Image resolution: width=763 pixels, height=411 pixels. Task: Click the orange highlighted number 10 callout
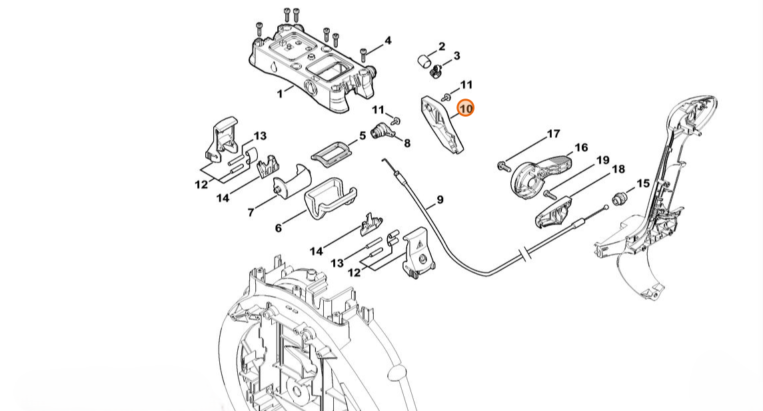click(x=466, y=108)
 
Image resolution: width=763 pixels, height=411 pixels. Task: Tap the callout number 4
click(x=388, y=41)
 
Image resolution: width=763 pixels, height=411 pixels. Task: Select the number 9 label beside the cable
click(x=440, y=199)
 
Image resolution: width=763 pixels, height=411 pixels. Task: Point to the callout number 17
click(x=554, y=134)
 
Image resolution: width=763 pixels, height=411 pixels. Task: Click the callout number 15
click(x=643, y=183)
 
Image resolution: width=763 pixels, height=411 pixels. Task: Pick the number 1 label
click(x=280, y=93)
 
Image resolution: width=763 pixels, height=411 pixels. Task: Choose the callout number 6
click(x=279, y=228)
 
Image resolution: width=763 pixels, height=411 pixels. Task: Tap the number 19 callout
click(x=603, y=160)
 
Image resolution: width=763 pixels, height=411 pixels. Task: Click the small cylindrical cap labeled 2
click(x=424, y=62)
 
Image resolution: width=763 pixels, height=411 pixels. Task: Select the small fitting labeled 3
click(x=436, y=71)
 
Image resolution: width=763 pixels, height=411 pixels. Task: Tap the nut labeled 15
click(x=620, y=199)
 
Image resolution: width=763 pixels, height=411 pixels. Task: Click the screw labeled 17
click(x=503, y=166)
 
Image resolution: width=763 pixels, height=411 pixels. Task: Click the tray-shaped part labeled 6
click(x=330, y=199)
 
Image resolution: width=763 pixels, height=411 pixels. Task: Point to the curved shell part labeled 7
click(x=292, y=181)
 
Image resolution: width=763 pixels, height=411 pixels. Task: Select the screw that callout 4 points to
click(x=363, y=53)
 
